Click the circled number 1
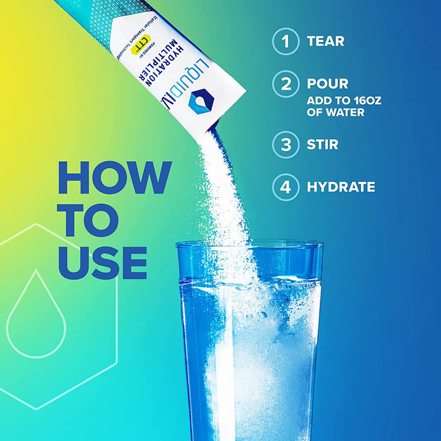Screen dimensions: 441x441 pyautogui.click(x=285, y=41)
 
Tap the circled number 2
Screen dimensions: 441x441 pyautogui.click(x=285, y=85)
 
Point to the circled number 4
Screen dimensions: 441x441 pyautogui.click(x=285, y=187)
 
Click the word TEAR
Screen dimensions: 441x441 pyautogui.click(x=325, y=41)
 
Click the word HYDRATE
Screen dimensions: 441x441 pyautogui.click(x=341, y=187)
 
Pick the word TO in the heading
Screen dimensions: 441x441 pyautogui.click(x=88, y=218)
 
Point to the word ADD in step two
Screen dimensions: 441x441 pyautogui.click(x=320, y=101)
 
